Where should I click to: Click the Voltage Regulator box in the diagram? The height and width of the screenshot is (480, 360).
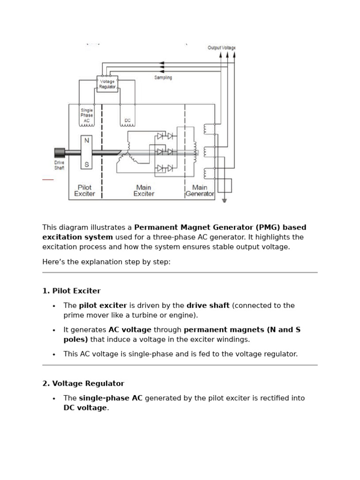(x=107, y=84)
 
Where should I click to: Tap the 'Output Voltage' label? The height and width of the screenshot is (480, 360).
(x=221, y=48)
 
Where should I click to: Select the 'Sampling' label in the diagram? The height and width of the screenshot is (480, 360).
(x=163, y=77)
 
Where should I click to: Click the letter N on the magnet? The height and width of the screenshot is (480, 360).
(x=86, y=140)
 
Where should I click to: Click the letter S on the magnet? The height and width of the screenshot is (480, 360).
(x=86, y=164)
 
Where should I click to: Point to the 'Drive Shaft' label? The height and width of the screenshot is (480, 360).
(x=59, y=165)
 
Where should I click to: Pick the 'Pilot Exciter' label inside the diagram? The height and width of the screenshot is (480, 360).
(x=84, y=190)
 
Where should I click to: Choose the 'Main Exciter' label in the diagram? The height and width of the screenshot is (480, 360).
(x=143, y=190)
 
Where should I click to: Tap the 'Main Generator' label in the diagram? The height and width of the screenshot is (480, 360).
(x=200, y=190)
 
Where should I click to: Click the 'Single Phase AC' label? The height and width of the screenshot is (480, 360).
(x=86, y=115)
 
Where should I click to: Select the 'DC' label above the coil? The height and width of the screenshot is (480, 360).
(x=127, y=120)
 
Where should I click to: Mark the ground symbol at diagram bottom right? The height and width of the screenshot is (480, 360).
(x=225, y=200)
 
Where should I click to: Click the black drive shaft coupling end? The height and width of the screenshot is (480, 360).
(x=60, y=152)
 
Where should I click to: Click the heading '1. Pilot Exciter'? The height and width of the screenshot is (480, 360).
(x=71, y=291)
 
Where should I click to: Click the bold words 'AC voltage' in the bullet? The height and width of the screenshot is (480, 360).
(x=130, y=330)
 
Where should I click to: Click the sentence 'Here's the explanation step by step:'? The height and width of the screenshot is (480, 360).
(x=106, y=262)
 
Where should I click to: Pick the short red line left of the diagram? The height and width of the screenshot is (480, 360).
(x=48, y=180)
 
